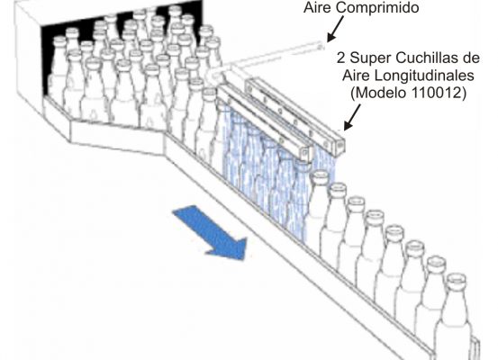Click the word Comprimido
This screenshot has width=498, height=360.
click(x=377, y=8)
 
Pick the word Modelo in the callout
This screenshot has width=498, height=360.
click(x=380, y=93)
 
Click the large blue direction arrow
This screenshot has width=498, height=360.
click(x=210, y=233)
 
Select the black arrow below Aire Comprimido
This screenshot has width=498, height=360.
click(x=335, y=29)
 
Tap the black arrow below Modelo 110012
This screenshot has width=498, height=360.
click(x=352, y=118)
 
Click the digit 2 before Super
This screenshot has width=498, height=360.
click(x=340, y=58)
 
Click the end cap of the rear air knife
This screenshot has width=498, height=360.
click(x=339, y=146)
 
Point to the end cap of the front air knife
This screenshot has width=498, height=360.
click(x=306, y=153)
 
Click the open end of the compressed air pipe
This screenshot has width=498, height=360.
click(x=321, y=46)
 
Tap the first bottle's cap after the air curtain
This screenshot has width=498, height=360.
click(x=321, y=176)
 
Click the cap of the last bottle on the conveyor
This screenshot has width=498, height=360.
click(x=457, y=280)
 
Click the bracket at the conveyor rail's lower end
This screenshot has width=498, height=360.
click(x=475, y=348)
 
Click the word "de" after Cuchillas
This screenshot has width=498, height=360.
click(x=475, y=58)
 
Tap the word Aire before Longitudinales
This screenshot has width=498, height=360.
click(x=357, y=76)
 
